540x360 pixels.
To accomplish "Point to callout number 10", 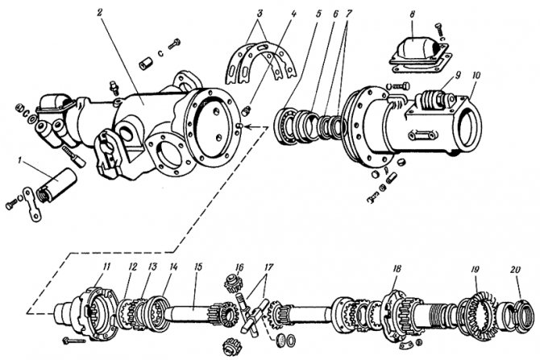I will (476, 76).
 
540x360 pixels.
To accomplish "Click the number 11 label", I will (106, 266).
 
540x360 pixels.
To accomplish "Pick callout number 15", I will (197, 266).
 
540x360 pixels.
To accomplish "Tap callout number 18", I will (396, 267).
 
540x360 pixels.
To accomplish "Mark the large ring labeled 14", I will (158, 310).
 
